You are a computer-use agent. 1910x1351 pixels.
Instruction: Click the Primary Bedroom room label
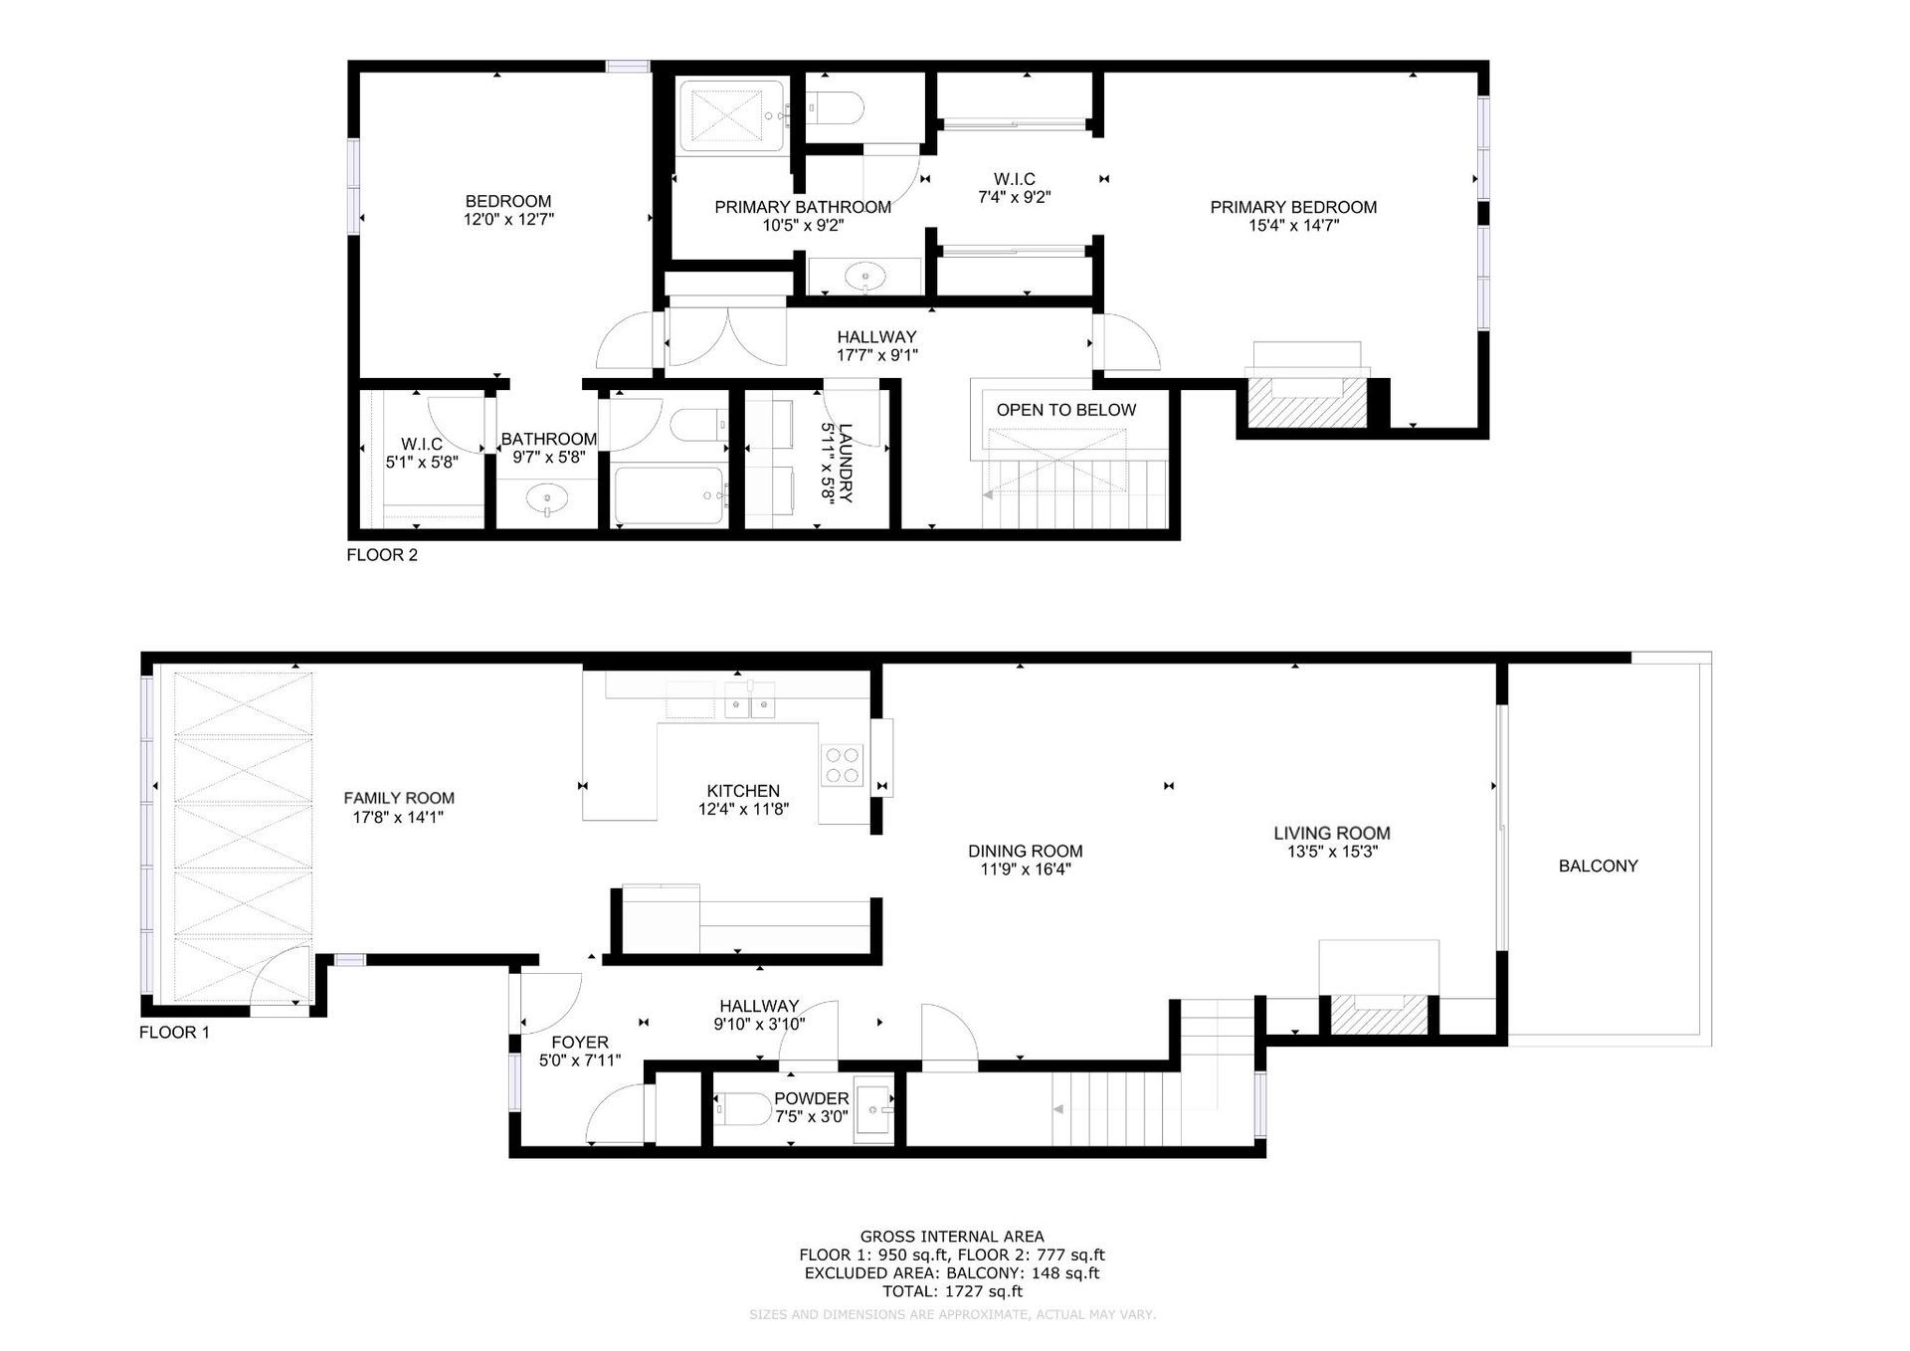point(1293,207)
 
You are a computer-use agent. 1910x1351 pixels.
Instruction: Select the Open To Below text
point(1066,410)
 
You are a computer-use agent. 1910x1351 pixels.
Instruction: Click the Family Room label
point(399,798)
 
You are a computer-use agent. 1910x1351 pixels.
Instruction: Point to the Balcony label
point(1598,867)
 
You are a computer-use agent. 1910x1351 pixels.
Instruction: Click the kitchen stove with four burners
point(842,765)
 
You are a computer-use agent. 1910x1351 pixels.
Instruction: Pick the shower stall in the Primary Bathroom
point(734,115)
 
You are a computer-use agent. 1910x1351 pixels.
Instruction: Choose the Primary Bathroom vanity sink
point(866,277)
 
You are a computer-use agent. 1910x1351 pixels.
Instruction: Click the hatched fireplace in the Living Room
point(1378,1013)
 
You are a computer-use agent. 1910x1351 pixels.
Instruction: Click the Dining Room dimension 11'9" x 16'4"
point(1025,869)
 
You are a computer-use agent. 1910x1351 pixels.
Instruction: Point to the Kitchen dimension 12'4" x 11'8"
point(743,810)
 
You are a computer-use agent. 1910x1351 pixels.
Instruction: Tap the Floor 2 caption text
point(382,555)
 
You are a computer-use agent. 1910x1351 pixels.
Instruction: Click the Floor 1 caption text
point(174,1033)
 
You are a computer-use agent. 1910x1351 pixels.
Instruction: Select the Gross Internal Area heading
point(952,1238)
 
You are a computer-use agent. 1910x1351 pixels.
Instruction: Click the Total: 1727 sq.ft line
point(952,1292)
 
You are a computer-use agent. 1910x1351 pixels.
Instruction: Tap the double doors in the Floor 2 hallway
point(728,337)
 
